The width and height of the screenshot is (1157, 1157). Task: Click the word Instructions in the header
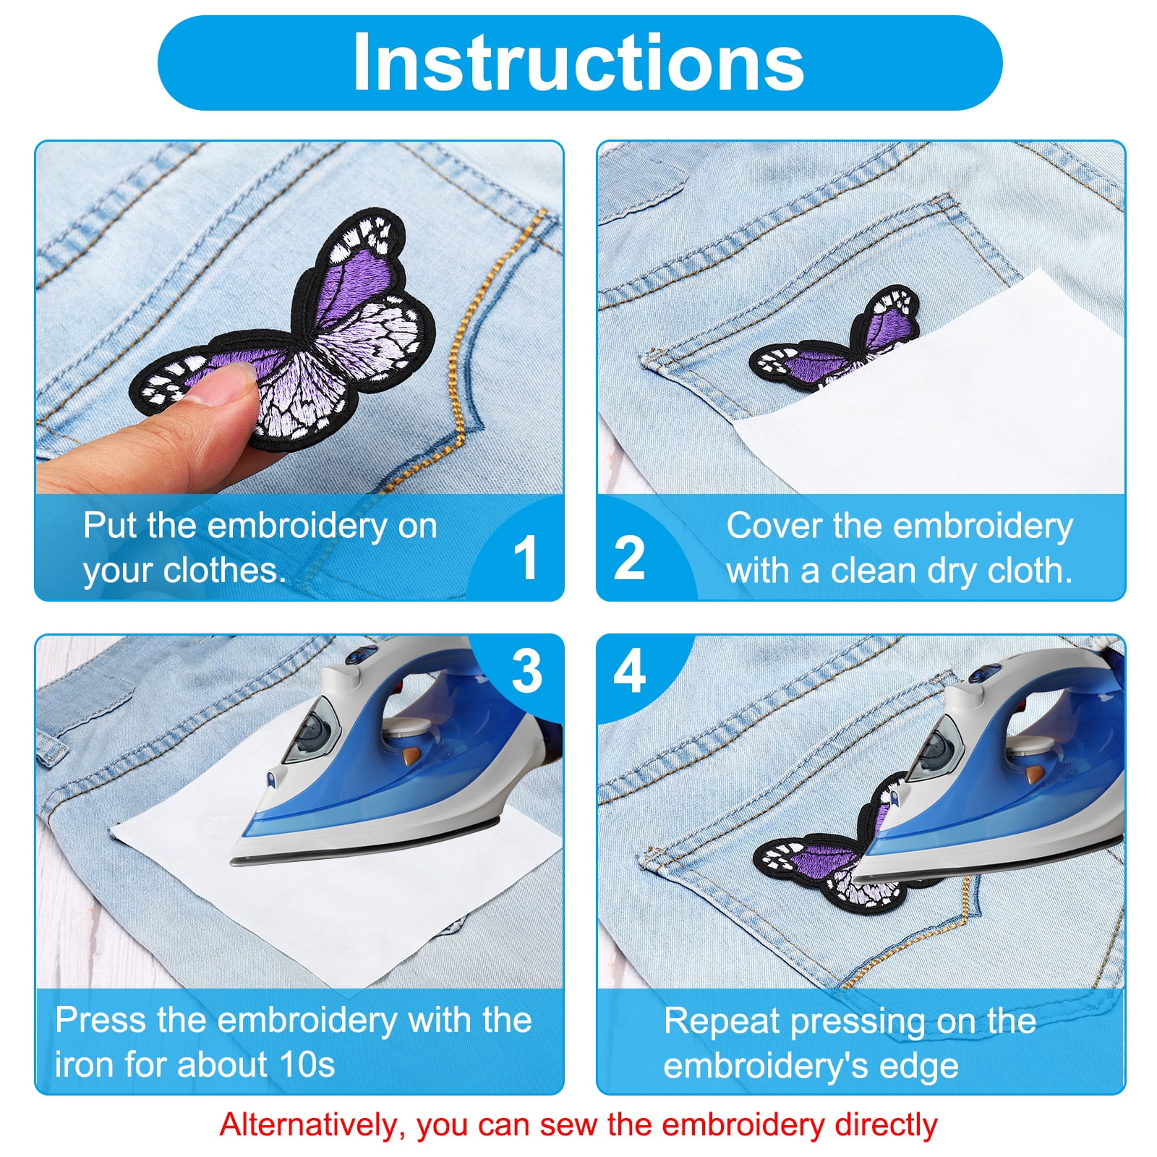pos(578,62)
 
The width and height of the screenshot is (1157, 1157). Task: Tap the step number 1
pos(526,558)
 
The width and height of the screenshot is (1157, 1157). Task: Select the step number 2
pos(629,558)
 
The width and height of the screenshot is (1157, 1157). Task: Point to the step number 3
pos(526,671)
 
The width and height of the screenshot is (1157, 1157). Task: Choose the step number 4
pos(629,671)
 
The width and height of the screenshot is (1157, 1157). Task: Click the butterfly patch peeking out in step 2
pos(835,340)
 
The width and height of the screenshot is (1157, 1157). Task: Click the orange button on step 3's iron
pos(411,756)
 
